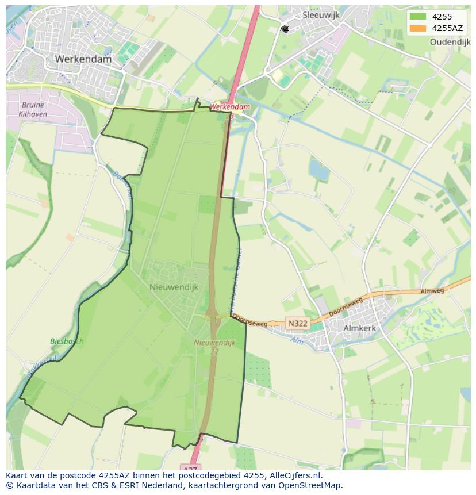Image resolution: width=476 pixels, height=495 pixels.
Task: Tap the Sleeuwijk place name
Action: [x=321, y=16]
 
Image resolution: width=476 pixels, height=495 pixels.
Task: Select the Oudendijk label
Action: [x=450, y=42]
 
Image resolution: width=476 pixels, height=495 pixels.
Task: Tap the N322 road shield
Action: [x=297, y=324]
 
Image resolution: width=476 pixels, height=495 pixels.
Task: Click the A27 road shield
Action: [x=190, y=467]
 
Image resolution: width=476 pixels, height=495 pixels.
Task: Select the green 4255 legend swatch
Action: [x=418, y=17]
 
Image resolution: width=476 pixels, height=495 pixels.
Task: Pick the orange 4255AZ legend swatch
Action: [x=418, y=28]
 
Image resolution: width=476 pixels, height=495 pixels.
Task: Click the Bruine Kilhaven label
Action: [x=33, y=110]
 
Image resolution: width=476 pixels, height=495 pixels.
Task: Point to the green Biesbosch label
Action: [x=67, y=341]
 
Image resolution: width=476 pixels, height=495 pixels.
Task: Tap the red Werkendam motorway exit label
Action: [x=229, y=107]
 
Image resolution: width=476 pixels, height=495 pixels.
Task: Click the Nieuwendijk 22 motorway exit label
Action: [x=215, y=347]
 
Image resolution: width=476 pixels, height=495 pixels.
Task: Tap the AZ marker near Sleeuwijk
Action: [x=285, y=29]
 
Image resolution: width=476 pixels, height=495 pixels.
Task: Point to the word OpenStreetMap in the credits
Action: [x=309, y=485]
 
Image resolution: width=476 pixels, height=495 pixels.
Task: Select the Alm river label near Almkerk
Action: [x=297, y=340]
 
